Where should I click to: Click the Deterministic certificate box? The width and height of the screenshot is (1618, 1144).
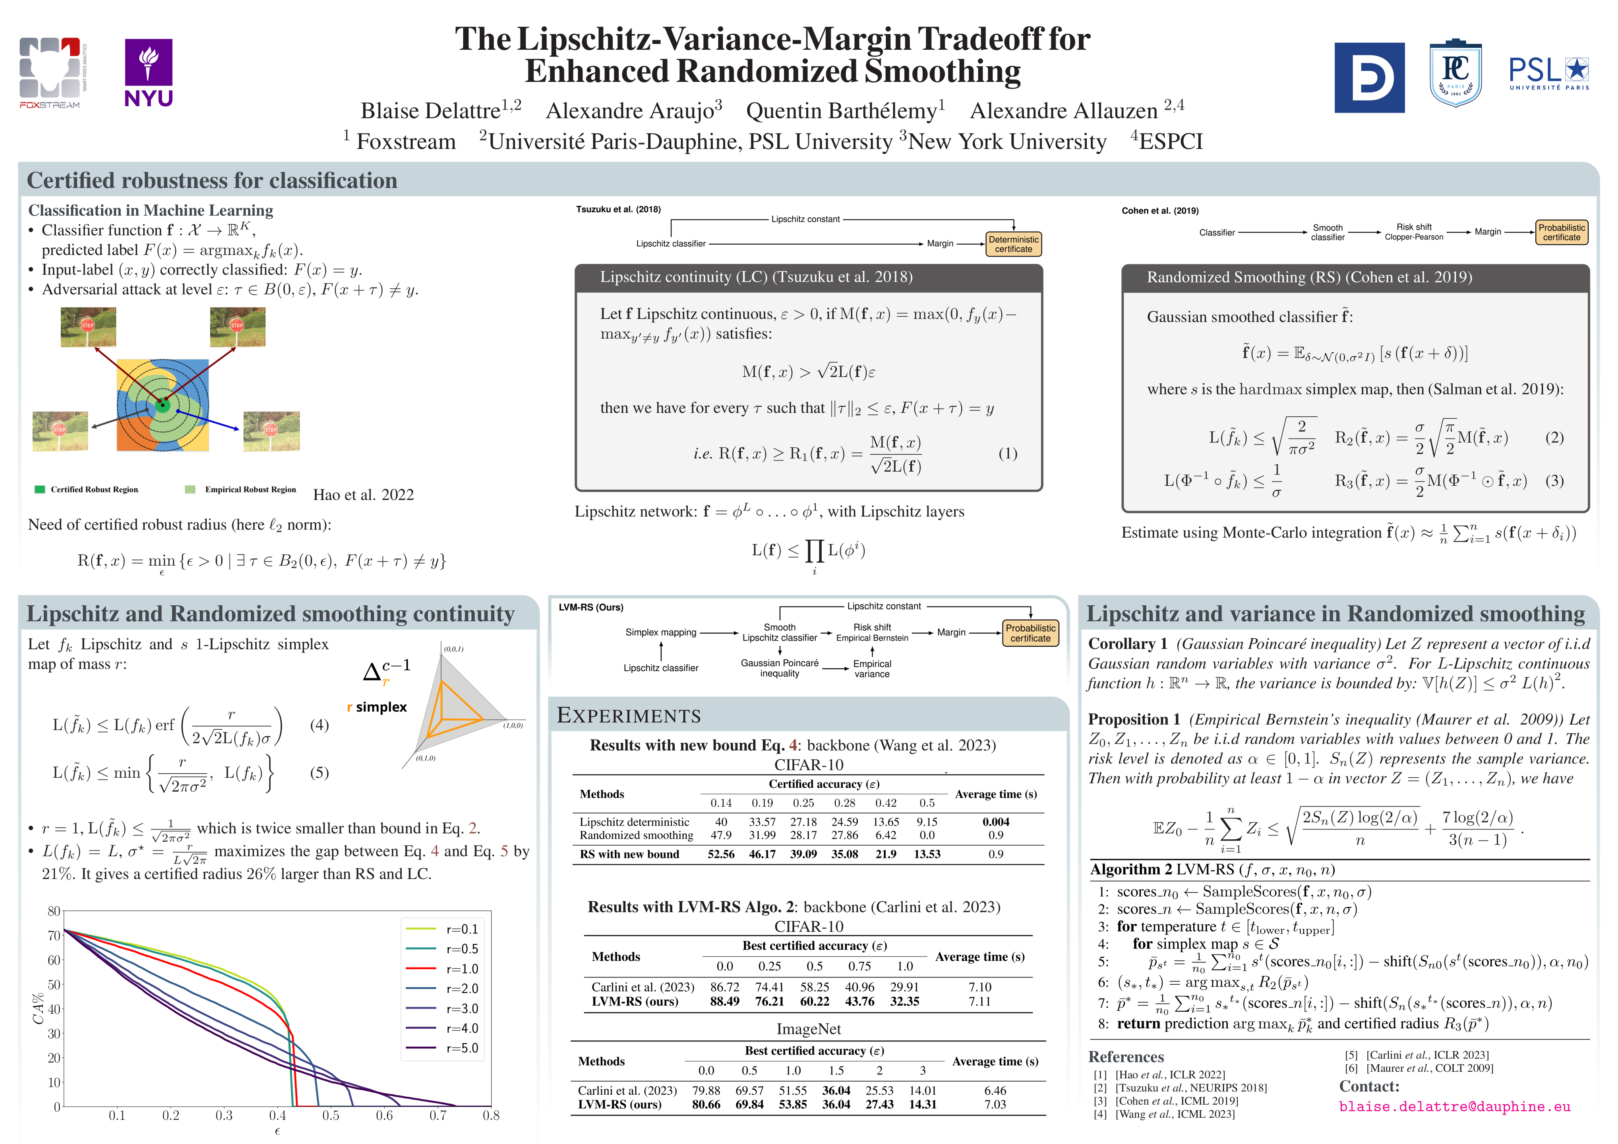pyautogui.click(x=1013, y=244)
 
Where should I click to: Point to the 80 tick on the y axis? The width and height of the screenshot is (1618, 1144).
pyautogui.click(x=54, y=911)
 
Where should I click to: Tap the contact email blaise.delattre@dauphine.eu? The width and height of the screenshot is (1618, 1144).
pyautogui.click(x=1455, y=1107)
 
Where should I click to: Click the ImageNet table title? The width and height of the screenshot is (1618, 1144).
pyautogui.click(x=808, y=1029)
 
